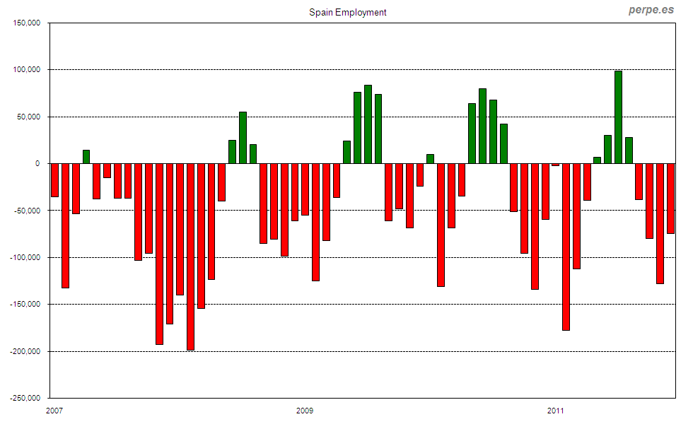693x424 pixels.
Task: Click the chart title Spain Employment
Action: click(x=348, y=12)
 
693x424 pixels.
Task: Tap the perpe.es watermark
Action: click(x=651, y=11)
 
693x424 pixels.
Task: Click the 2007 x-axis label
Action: click(x=54, y=411)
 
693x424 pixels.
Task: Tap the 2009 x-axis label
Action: click(x=305, y=411)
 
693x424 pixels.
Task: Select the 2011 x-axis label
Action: click(x=556, y=411)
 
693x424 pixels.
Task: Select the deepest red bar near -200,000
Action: click(x=190, y=257)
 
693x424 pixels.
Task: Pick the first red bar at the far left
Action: click(x=54, y=179)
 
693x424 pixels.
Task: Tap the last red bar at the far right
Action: click(x=670, y=198)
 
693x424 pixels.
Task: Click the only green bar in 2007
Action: click(x=86, y=157)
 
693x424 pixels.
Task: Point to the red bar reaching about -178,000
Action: click(x=566, y=247)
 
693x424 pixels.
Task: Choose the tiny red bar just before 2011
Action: click(x=555, y=165)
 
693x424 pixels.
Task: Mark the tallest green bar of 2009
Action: click(x=368, y=124)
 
